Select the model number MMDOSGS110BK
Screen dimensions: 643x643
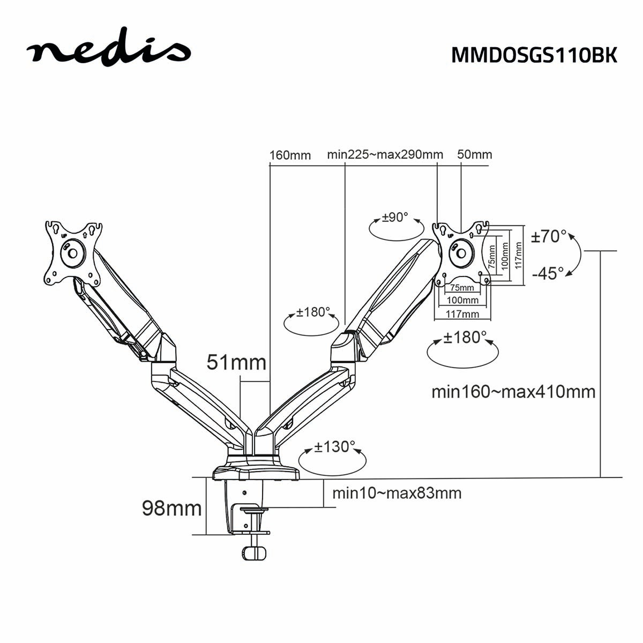[x=534, y=55]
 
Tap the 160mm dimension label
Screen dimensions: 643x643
[x=290, y=155]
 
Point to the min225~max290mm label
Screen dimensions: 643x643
[x=385, y=155]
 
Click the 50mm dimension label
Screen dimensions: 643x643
[x=474, y=155]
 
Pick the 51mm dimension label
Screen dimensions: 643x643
[x=236, y=363]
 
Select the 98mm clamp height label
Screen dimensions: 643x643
[x=171, y=507]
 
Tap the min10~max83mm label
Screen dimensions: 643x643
[x=397, y=493]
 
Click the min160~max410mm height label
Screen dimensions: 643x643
[x=513, y=392]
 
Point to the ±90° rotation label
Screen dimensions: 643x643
[x=395, y=218]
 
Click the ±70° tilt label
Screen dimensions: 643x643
[x=549, y=236]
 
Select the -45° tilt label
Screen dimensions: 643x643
[x=548, y=273]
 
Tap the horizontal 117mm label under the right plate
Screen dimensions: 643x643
[x=462, y=314]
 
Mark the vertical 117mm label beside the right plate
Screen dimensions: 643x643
[x=519, y=256]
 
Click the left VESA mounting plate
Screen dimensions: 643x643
[x=73, y=253]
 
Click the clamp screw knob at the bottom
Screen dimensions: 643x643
[x=254, y=552]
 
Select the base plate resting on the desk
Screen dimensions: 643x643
[x=256, y=473]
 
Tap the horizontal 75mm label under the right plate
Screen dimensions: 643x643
[x=462, y=288]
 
